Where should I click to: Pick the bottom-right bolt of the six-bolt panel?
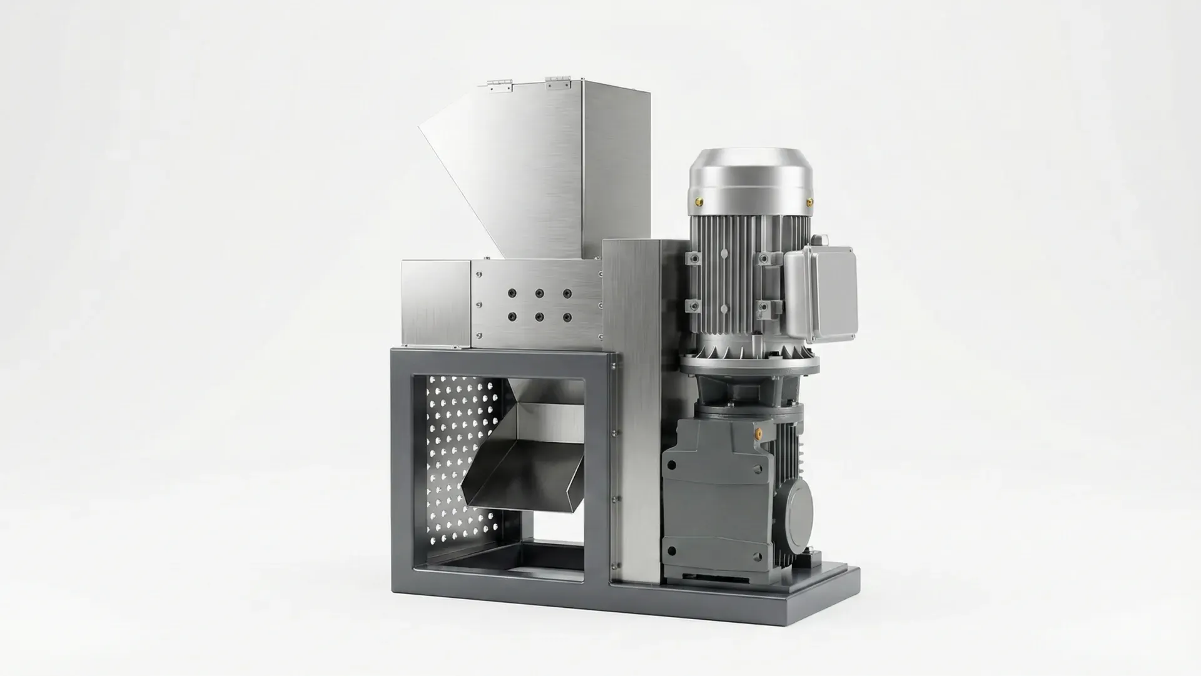tap(567, 317)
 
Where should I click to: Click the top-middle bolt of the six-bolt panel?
tap(539, 293)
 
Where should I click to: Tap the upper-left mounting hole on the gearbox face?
tap(671, 465)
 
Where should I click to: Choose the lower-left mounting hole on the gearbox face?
tap(671, 551)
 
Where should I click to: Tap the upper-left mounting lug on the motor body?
tap(691, 258)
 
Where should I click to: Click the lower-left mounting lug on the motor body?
tap(691, 306)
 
